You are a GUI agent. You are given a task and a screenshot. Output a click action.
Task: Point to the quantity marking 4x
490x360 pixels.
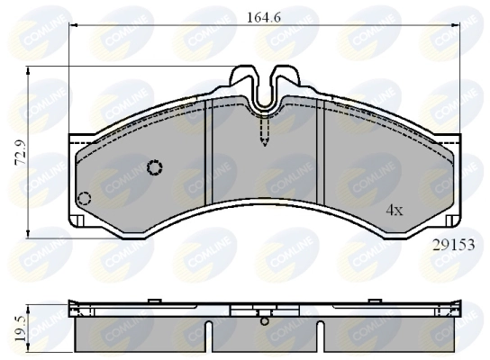click(x=394, y=210)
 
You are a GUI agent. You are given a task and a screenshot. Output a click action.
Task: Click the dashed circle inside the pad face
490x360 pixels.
click(x=154, y=166)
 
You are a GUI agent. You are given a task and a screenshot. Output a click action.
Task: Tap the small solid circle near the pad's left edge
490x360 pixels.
click(x=85, y=199)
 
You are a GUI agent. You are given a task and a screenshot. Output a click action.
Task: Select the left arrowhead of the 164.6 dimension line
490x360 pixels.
click(x=74, y=26)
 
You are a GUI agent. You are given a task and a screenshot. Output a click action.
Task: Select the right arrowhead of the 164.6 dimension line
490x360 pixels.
click(x=456, y=26)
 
